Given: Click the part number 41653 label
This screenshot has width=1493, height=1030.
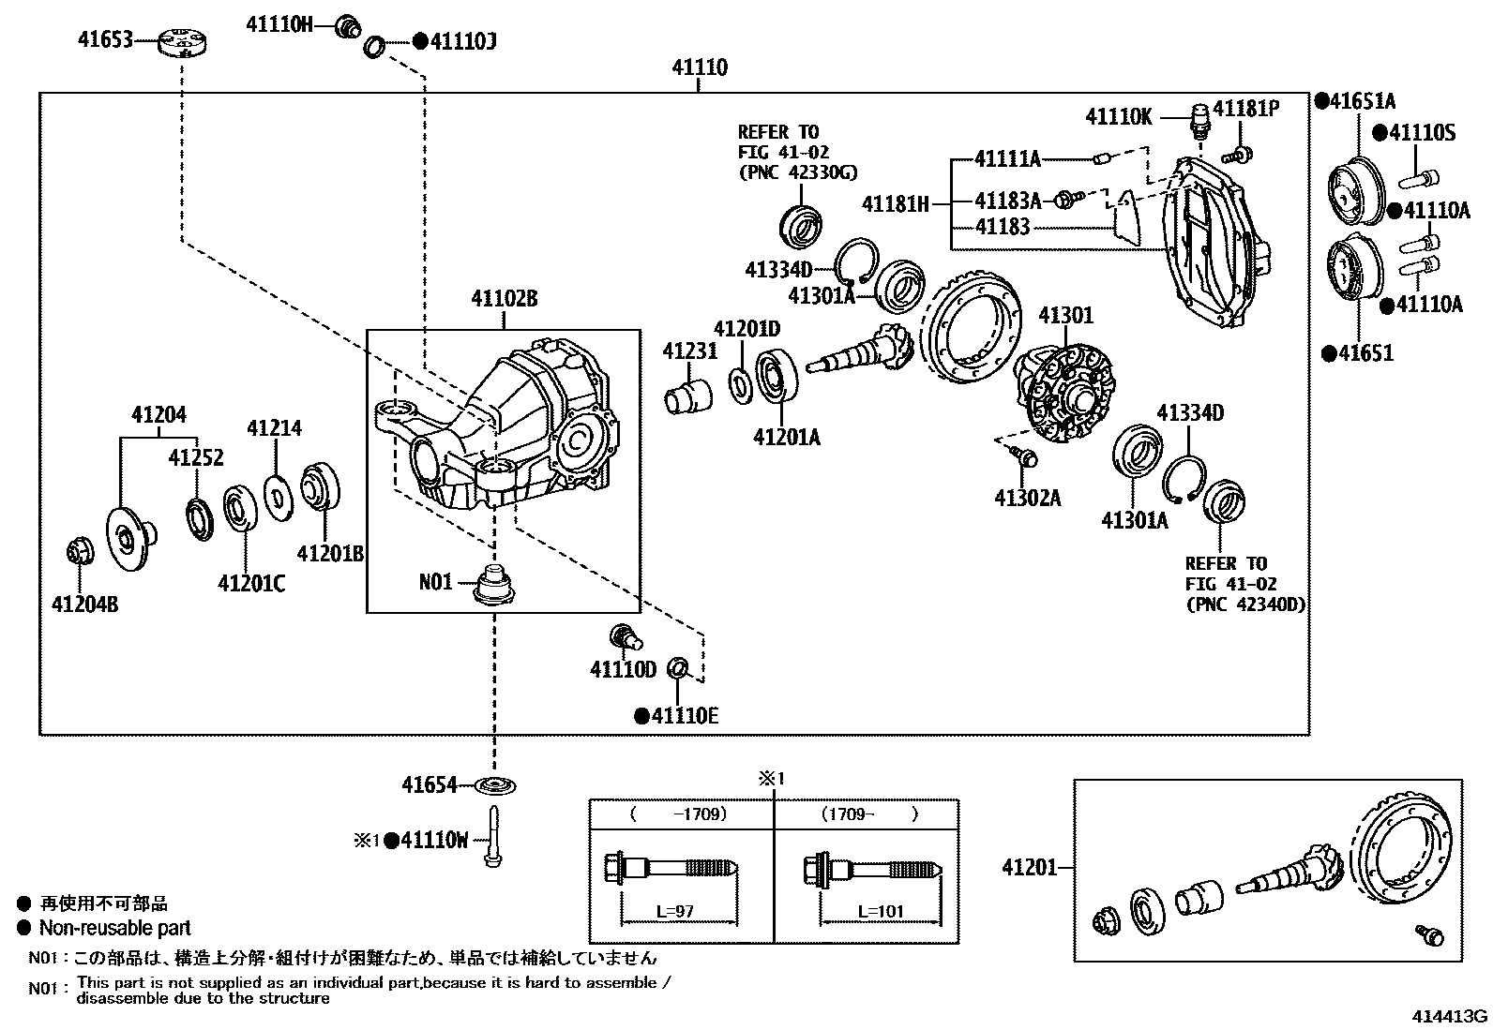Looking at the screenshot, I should point(102,40).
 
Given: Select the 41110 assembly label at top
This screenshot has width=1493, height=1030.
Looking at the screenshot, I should point(700,68).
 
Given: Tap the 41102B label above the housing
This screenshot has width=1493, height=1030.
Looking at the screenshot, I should point(504,300).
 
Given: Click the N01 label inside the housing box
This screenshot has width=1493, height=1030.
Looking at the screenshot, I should point(435,582).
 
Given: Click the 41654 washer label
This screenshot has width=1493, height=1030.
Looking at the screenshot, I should point(430,785).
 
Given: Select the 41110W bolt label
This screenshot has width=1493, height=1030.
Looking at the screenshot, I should point(433,841).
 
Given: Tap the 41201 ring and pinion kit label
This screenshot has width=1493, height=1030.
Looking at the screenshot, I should point(1029,867).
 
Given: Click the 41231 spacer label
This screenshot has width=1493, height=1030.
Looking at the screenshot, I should point(690,351).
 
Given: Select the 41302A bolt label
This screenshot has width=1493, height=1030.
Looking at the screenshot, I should point(1027,498).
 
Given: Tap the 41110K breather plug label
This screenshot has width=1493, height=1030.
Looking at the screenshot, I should point(1119,117).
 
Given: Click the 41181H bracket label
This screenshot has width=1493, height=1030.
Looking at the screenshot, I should point(896,202).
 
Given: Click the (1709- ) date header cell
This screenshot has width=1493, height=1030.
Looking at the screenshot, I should point(869,814).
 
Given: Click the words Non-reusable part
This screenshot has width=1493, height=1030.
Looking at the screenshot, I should point(114,929).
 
